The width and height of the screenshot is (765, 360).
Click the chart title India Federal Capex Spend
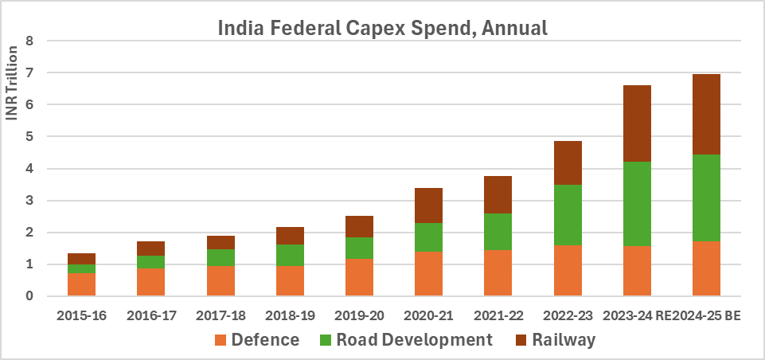[x=383, y=29]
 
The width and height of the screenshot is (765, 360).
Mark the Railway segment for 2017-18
[x=220, y=242]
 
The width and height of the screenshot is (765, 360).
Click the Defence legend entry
[x=256, y=340]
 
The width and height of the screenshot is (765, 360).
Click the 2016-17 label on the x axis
[x=151, y=316]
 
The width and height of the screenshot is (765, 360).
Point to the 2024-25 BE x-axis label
[x=707, y=316]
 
